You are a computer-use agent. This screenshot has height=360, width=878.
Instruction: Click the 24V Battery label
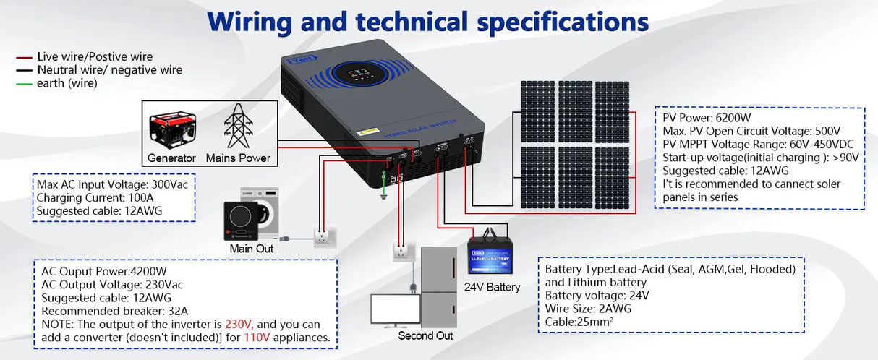[x=492, y=287]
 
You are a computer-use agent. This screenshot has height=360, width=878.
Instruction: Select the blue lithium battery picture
[x=492, y=254]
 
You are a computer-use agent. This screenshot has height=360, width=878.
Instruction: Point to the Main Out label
[x=252, y=249]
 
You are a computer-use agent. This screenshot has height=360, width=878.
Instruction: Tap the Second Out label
[x=425, y=335]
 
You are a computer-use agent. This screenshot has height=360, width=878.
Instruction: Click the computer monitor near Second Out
[x=391, y=309]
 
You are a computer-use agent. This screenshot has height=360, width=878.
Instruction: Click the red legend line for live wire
[x=25, y=56]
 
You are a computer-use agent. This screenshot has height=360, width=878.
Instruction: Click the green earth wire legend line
[x=25, y=84]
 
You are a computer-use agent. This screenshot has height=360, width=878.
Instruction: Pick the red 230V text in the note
[x=239, y=325]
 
